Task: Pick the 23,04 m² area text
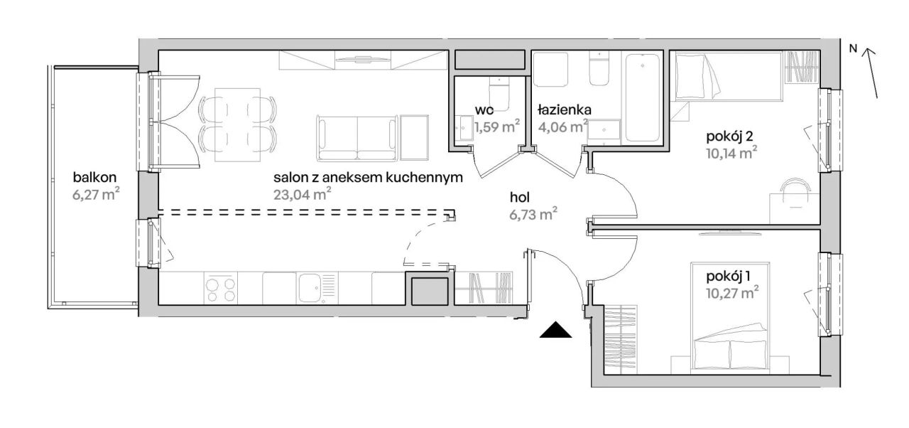(x=303, y=194)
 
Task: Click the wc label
(x=485, y=110)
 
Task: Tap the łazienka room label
(x=560, y=110)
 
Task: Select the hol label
(x=521, y=198)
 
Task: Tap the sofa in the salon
(x=356, y=137)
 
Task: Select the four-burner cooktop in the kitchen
(x=221, y=288)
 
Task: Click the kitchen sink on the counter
(x=310, y=288)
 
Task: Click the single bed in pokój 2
(x=728, y=77)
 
